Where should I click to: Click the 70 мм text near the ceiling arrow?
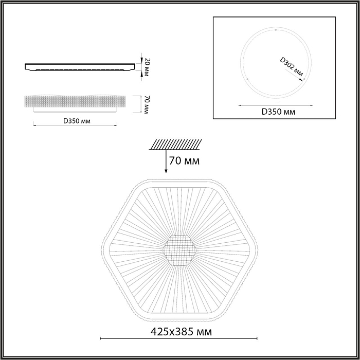coord(184,161)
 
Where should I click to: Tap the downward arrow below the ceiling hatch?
coord(166,162)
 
